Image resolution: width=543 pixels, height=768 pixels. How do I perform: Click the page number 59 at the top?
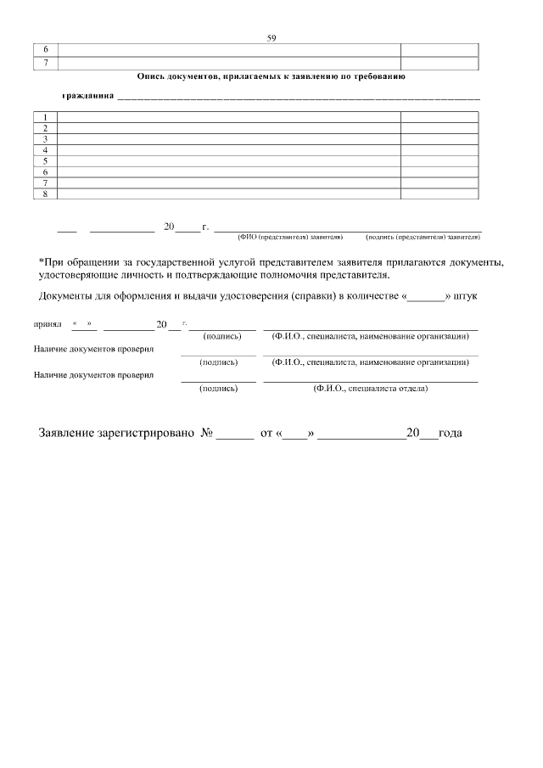click(x=271, y=38)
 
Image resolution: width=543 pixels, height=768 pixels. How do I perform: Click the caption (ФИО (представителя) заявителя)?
click(x=289, y=237)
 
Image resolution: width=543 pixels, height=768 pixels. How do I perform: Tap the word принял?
click(x=48, y=324)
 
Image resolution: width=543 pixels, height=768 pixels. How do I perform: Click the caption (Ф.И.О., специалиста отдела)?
click(x=370, y=388)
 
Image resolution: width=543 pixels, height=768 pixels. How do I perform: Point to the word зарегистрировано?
click(x=150, y=433)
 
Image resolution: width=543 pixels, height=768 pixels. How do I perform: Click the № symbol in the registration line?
click(x=206, y=433)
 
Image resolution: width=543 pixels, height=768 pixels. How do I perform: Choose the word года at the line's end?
click(x=451, y=433)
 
